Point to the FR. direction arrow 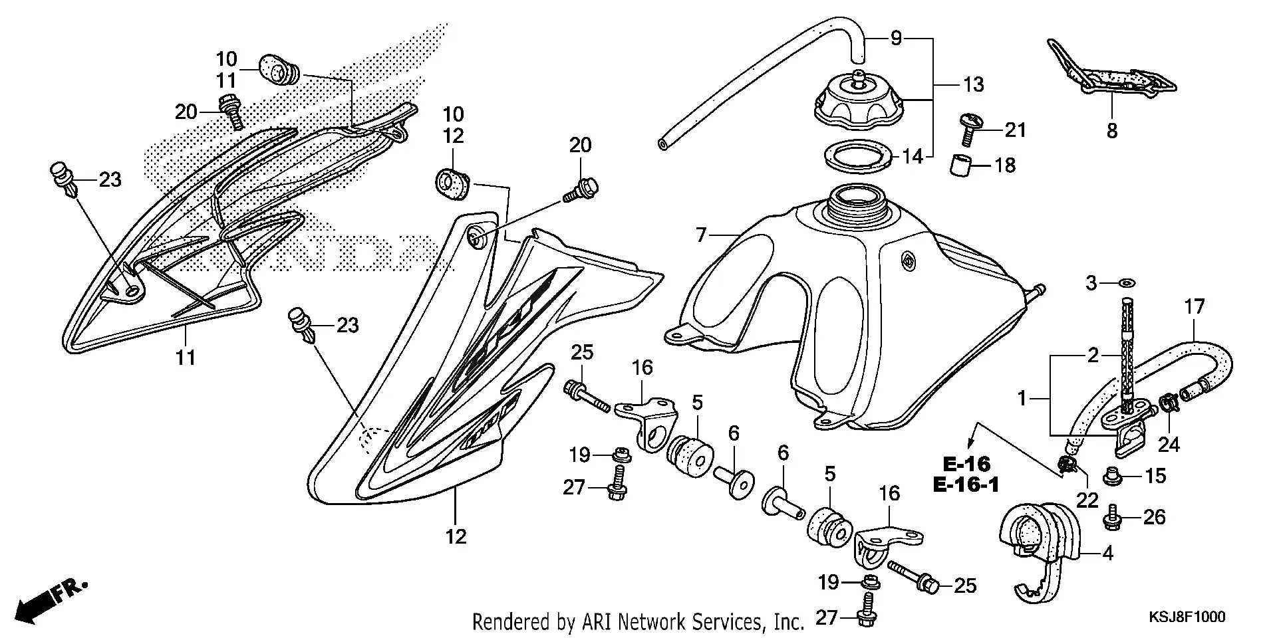click(51, 601)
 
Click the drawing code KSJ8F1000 click(1187, 617)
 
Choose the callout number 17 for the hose click(1195, 306)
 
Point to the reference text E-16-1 click(966, 484)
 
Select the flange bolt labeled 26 click(1112, 518)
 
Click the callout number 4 click(1107, 553)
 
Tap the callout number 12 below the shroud click(456, 536)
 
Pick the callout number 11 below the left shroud click(186, 358)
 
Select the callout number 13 click(974, 84)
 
